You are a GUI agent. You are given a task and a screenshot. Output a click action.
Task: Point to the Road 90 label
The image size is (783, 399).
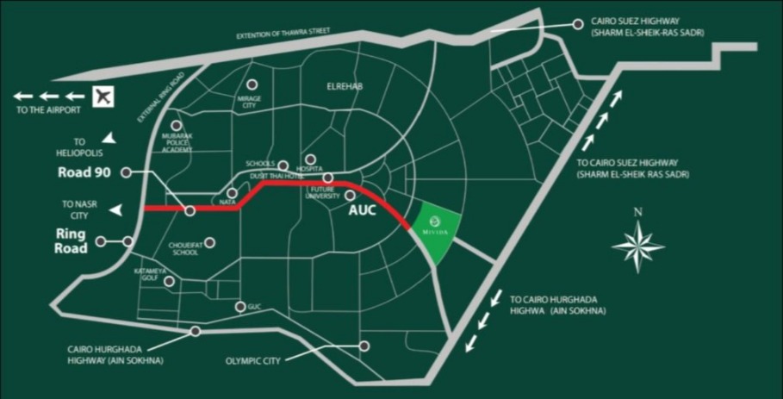pos(85,172)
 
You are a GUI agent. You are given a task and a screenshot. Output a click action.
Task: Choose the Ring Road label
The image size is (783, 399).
pos(72,241)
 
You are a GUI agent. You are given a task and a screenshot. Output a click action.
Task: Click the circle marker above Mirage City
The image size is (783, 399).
pos(252,84)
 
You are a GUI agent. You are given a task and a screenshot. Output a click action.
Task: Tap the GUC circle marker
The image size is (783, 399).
pos(239,307)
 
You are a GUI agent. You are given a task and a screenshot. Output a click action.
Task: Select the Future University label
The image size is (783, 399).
pos(325,195)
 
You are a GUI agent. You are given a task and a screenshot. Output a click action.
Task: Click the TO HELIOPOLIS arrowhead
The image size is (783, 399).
pos(109,137)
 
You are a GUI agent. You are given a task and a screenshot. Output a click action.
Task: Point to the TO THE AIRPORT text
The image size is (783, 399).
pos(48,110)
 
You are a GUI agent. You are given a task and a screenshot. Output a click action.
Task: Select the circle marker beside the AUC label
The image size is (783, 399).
pos(351,196)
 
